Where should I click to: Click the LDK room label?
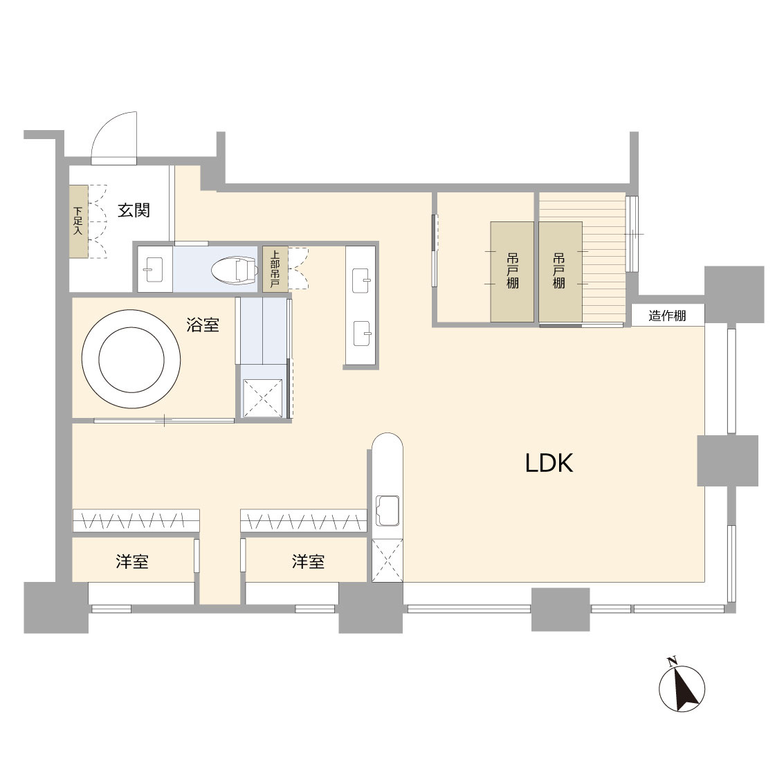(549, 463)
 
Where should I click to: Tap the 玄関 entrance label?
(134, 210)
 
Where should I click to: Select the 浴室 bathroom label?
(203, 325)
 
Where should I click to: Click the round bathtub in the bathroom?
(131, 359)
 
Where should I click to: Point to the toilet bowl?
(234, 271)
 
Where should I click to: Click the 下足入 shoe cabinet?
(78, 221)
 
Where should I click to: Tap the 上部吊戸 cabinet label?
(275, 269)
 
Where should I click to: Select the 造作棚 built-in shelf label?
(667, 316)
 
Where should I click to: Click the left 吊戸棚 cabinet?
(512, 272)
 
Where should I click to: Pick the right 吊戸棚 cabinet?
(560, 272)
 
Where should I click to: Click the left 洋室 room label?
(132, 561)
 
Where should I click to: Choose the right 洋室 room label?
(308, 561)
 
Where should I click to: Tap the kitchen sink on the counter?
(388, 511)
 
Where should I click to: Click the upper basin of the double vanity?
(361, 280)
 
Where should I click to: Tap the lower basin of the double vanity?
(361, 334)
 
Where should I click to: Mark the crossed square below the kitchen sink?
(388, 560)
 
